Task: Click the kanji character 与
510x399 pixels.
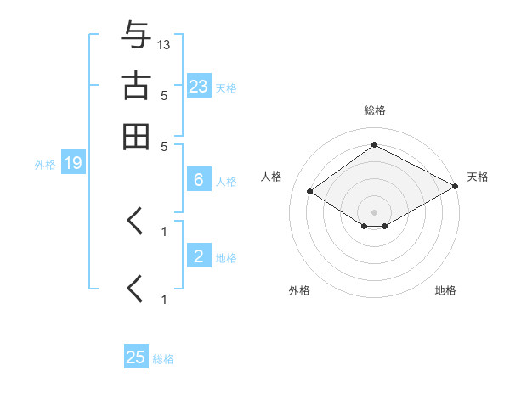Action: coord(136,36)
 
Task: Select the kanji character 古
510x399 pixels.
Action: coord(136,87)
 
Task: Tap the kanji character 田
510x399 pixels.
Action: coord(136,137)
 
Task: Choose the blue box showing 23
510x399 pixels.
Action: coord(198,87)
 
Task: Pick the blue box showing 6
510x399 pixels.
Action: coord(198,180)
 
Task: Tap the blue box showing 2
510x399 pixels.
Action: coord(198,256)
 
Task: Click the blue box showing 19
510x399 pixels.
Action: coord(72,163)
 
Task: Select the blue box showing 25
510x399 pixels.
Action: coord(136,357)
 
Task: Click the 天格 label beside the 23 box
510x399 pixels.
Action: coord(226,87)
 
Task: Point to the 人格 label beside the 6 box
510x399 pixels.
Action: coord(226,181)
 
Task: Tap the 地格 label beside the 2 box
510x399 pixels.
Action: coord(226,257)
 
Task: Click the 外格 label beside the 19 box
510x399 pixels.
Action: coord(44,164)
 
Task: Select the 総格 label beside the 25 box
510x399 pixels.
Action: coord(163,358)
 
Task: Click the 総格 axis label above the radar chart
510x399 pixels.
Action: coord(374,110)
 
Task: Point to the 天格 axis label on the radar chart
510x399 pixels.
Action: coord(478,177)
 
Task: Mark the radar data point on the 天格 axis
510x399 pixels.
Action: coord(456,186)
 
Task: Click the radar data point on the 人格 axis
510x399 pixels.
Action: coord(310,192)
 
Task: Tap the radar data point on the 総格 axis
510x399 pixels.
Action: coord(374,145)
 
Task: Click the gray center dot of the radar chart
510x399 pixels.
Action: coord(374,212)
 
